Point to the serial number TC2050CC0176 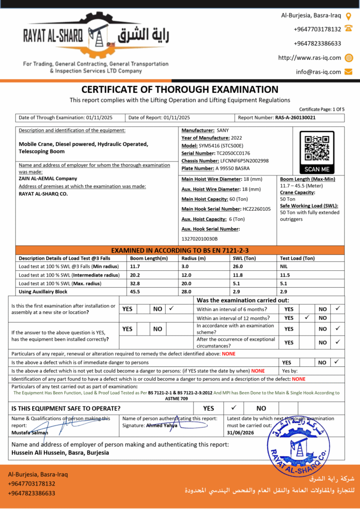(233, 153)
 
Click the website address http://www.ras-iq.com (309, 58)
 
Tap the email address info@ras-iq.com (318, 72)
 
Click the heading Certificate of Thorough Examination (180, 89)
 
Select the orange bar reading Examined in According (180, 250)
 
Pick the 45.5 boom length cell (135, 291)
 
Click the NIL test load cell (285, 266)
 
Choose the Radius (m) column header (193, 258)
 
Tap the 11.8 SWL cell (238, 275)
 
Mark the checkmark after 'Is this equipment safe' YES (234, 408)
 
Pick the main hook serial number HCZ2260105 (257, 209)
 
